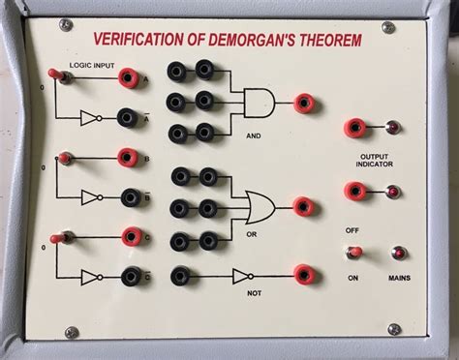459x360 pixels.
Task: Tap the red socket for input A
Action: tap(126, 77)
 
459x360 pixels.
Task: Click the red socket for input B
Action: tap(126, 157)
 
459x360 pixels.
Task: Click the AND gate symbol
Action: tap(259, 101)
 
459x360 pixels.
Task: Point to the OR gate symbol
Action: tap(260, 206)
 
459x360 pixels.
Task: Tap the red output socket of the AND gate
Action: tap(304, 101)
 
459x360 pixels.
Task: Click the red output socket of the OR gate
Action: tap(304, 206)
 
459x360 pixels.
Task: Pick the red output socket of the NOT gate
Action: tap(304, 275)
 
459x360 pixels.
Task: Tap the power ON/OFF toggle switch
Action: tap(355, 253)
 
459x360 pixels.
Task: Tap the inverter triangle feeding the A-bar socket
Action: tap(88, 118)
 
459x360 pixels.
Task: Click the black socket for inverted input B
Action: tap(126, 197)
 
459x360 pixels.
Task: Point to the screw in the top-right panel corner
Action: tap(387, 27)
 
